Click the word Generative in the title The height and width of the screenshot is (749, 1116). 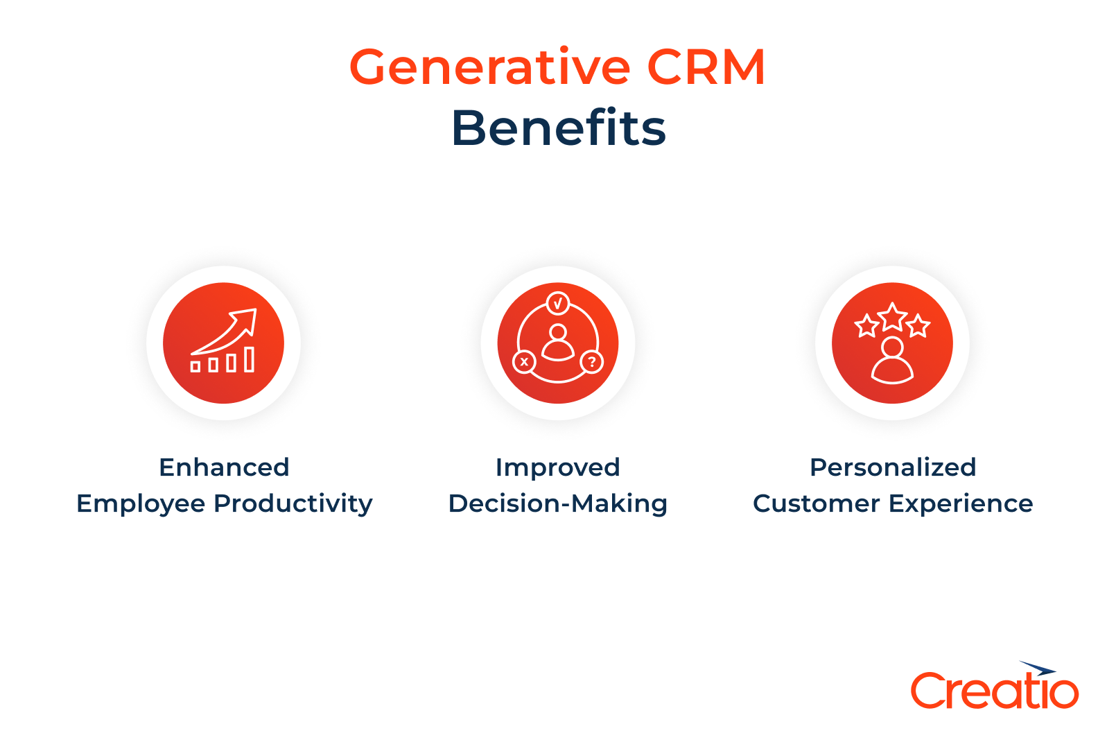(x=489, y=67)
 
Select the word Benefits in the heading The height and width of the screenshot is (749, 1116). (x=558, y=128)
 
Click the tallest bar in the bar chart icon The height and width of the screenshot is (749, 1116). (x=250, y=359)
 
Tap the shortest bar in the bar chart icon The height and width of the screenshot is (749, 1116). (x=195, y=366)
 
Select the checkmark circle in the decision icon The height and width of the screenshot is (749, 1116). (x=558, y=303)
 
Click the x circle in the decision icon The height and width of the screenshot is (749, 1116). (x=524, y=361)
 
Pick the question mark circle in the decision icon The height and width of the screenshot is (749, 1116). (x=591, y=361)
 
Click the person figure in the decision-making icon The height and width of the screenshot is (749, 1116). (x=558, y=343)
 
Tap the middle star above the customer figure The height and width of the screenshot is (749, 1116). (x=892, y=317)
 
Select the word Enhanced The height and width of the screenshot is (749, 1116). (x=224, y=467)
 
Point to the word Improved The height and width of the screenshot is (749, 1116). (x=558, y=468)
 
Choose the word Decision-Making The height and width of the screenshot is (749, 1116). (x=558, y=504)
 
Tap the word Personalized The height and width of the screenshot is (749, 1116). (x=893, y=467)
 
